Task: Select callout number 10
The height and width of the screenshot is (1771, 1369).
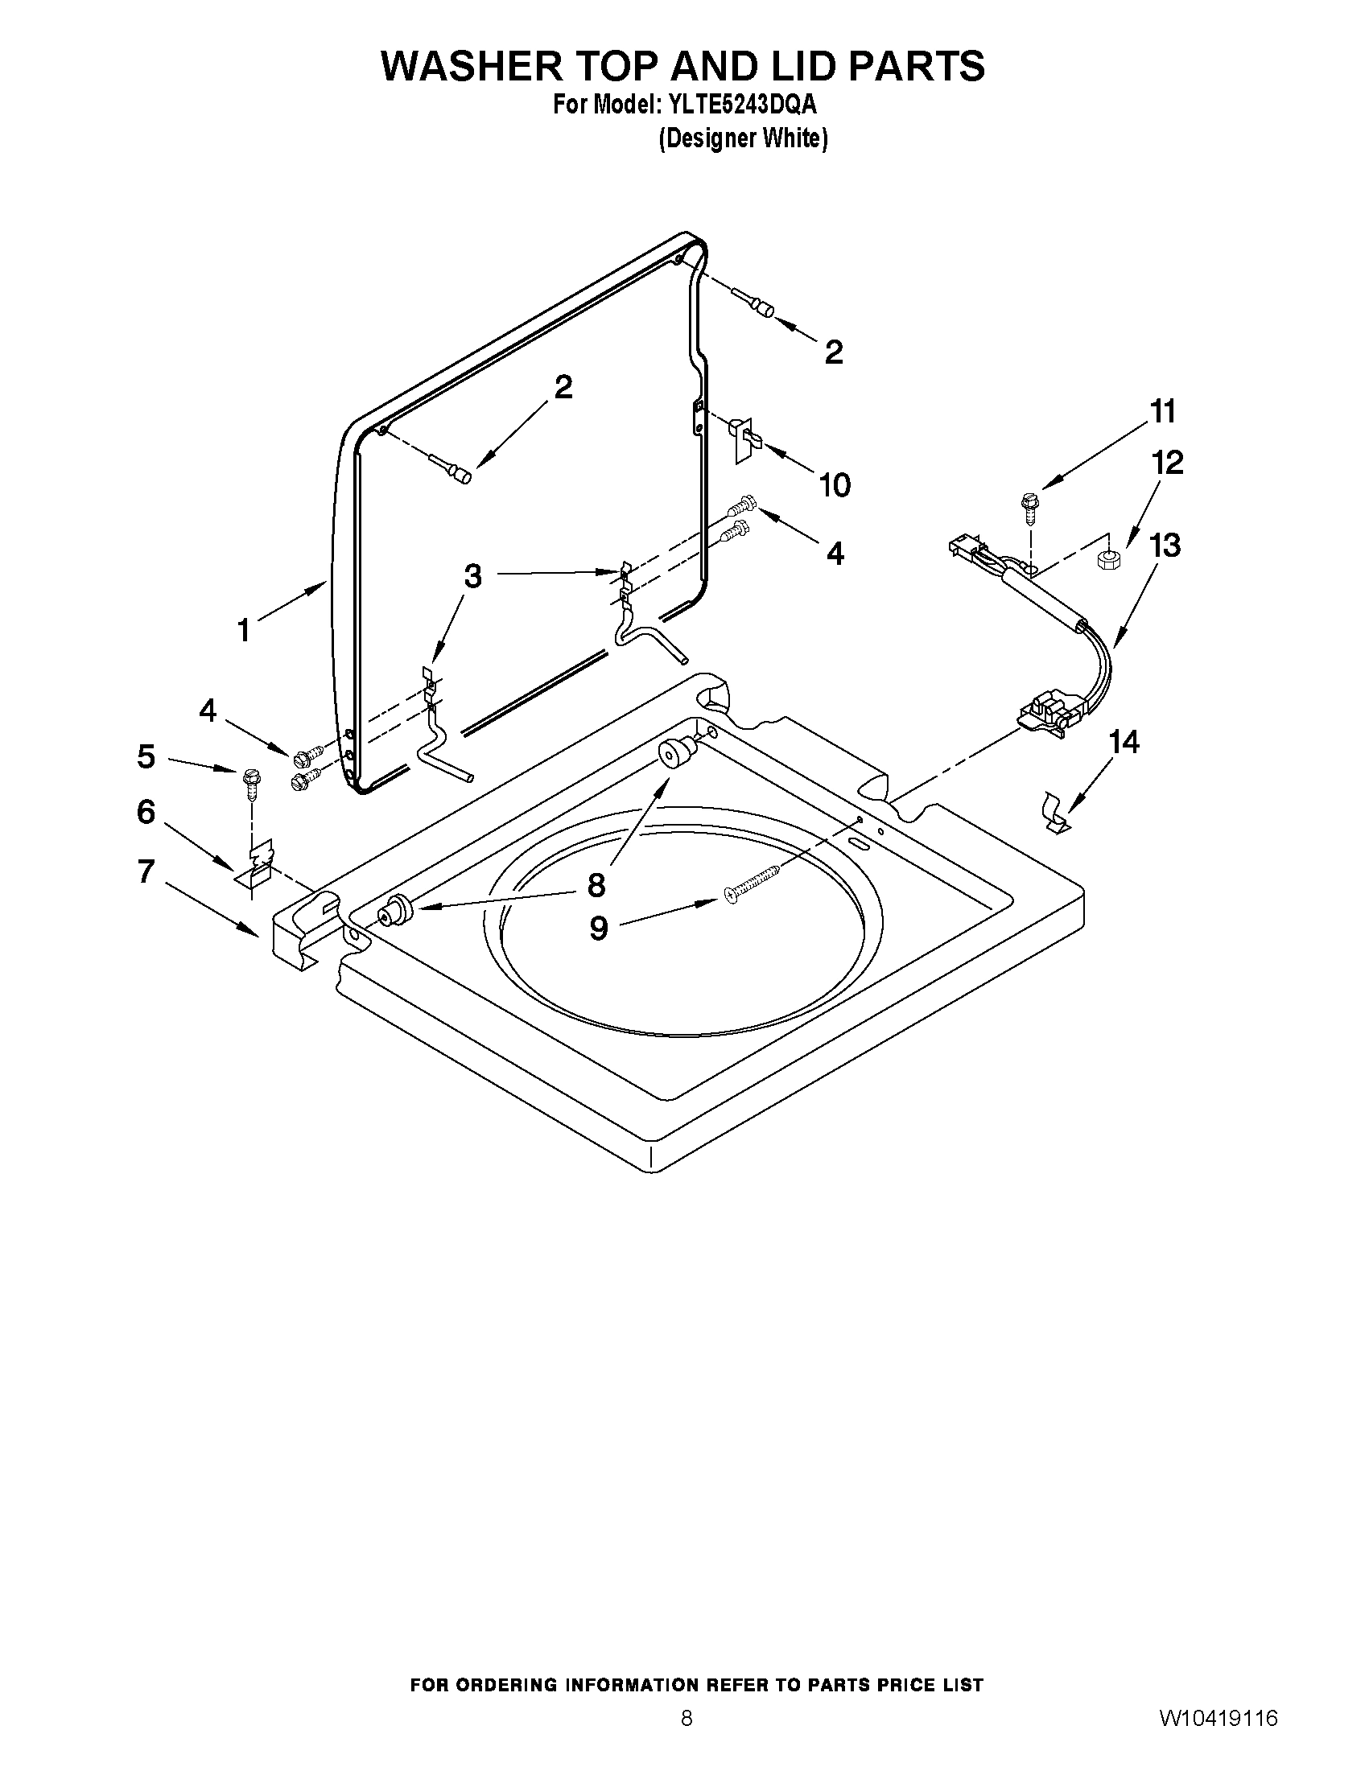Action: [835, 485]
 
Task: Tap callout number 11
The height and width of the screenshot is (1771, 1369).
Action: [1163, 411]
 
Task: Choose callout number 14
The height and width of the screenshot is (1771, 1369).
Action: [1124, 741]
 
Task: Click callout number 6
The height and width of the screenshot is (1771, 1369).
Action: [146, 811]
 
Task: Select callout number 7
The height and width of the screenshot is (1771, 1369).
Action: [146, 871]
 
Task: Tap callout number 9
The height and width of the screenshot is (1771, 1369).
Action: [599, 929]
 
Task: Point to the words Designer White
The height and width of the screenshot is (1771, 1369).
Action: [743, 139]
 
